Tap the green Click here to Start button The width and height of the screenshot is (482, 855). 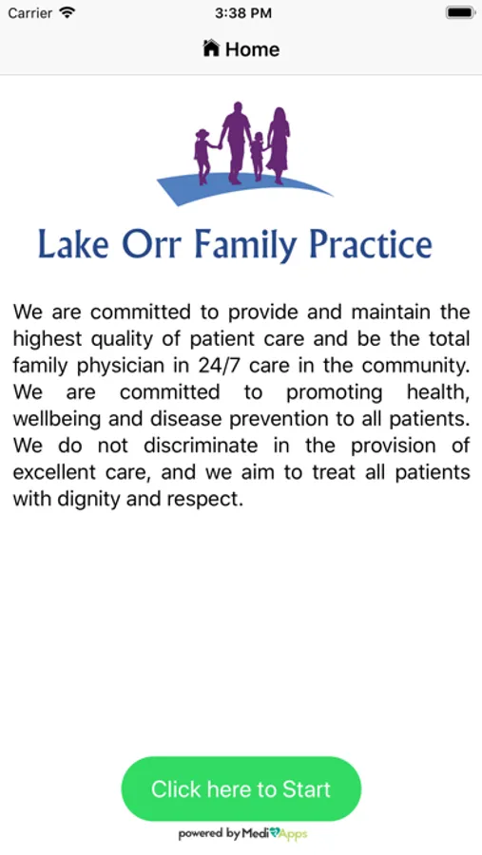[241, 788]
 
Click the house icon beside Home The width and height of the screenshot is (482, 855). [211, 48]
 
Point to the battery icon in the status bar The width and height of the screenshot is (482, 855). [459, 12]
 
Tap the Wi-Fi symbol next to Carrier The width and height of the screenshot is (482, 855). [67, 12]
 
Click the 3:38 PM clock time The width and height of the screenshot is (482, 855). [243, 13]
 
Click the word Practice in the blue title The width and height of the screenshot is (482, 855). [371, 244]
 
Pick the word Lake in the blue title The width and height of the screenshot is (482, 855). [73, 244]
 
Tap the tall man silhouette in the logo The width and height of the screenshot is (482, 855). [236, 142]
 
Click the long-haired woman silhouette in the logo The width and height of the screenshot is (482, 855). [279, 145]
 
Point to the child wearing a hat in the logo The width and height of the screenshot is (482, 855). [203, 156]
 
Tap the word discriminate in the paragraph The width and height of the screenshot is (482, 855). [201, 446]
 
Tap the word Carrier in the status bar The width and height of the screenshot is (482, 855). [30, 13]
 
